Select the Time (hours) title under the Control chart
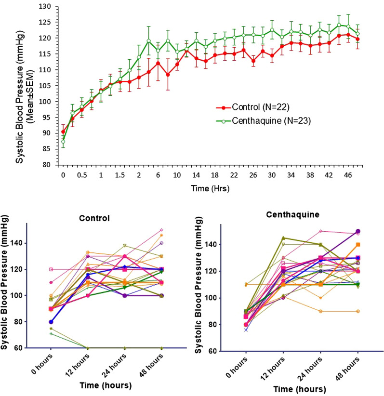(106, 385)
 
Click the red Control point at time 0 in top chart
(63, 132)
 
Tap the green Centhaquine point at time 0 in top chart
(63, 142)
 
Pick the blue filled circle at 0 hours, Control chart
(50, 321)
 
